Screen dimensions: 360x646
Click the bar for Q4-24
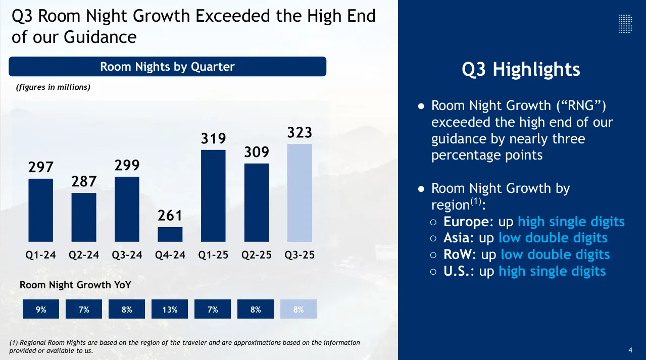tap(170, 234)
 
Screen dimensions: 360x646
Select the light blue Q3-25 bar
tap(300, 193)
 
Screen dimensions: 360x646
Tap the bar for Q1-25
tap(213, 196)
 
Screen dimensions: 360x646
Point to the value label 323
tap(300, 133)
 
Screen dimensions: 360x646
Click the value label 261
tap(170, 216)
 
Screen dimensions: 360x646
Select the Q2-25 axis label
tap(257, 255)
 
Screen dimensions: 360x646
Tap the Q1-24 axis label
tap(41, 255)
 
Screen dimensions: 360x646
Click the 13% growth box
tap(170, 310)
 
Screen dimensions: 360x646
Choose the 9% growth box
tap(41, 310)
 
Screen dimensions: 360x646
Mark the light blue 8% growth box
tap(299, 310)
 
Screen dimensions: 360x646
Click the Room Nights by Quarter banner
tap(167, 67)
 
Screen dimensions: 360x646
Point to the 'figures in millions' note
tap(53, 87)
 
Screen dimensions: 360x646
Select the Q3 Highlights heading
tap(521, 69)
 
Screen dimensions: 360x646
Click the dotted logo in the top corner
tap(625, 24)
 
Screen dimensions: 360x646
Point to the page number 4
tap(630, 350)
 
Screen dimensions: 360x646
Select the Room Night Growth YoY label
tap(75, 285)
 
